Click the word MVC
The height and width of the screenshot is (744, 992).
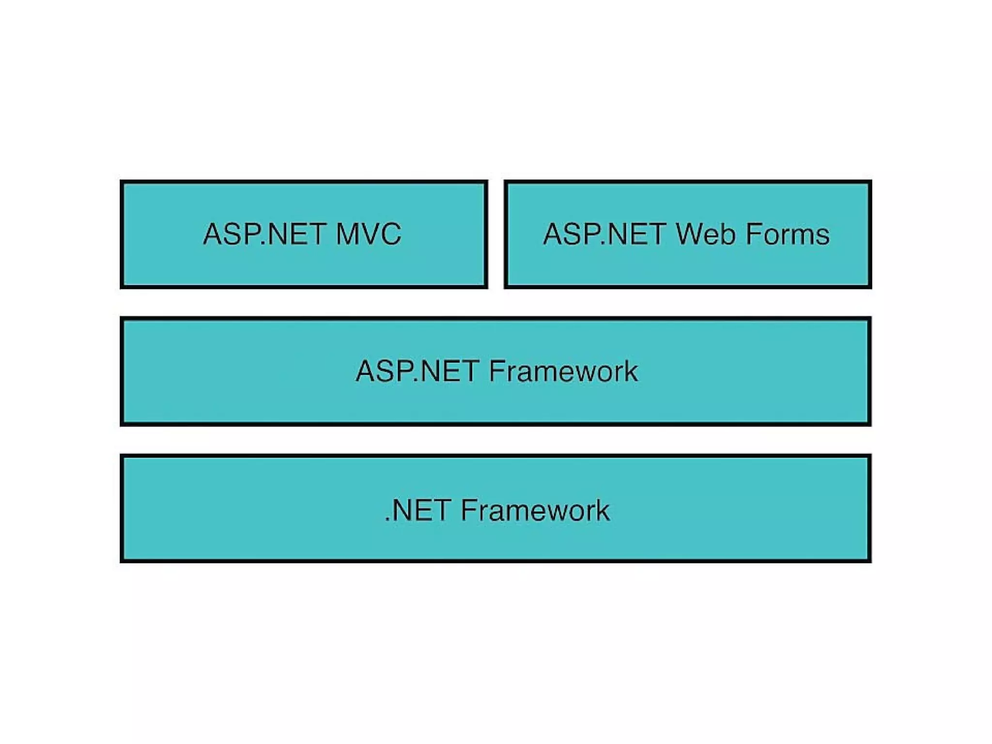tap(369, 234)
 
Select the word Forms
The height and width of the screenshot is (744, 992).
tap(788, 234)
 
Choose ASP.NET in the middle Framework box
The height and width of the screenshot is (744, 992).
tap(418, 372)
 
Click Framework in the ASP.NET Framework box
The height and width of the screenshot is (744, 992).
tap(563, 372)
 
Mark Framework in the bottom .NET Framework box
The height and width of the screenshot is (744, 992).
tap(535, 511)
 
